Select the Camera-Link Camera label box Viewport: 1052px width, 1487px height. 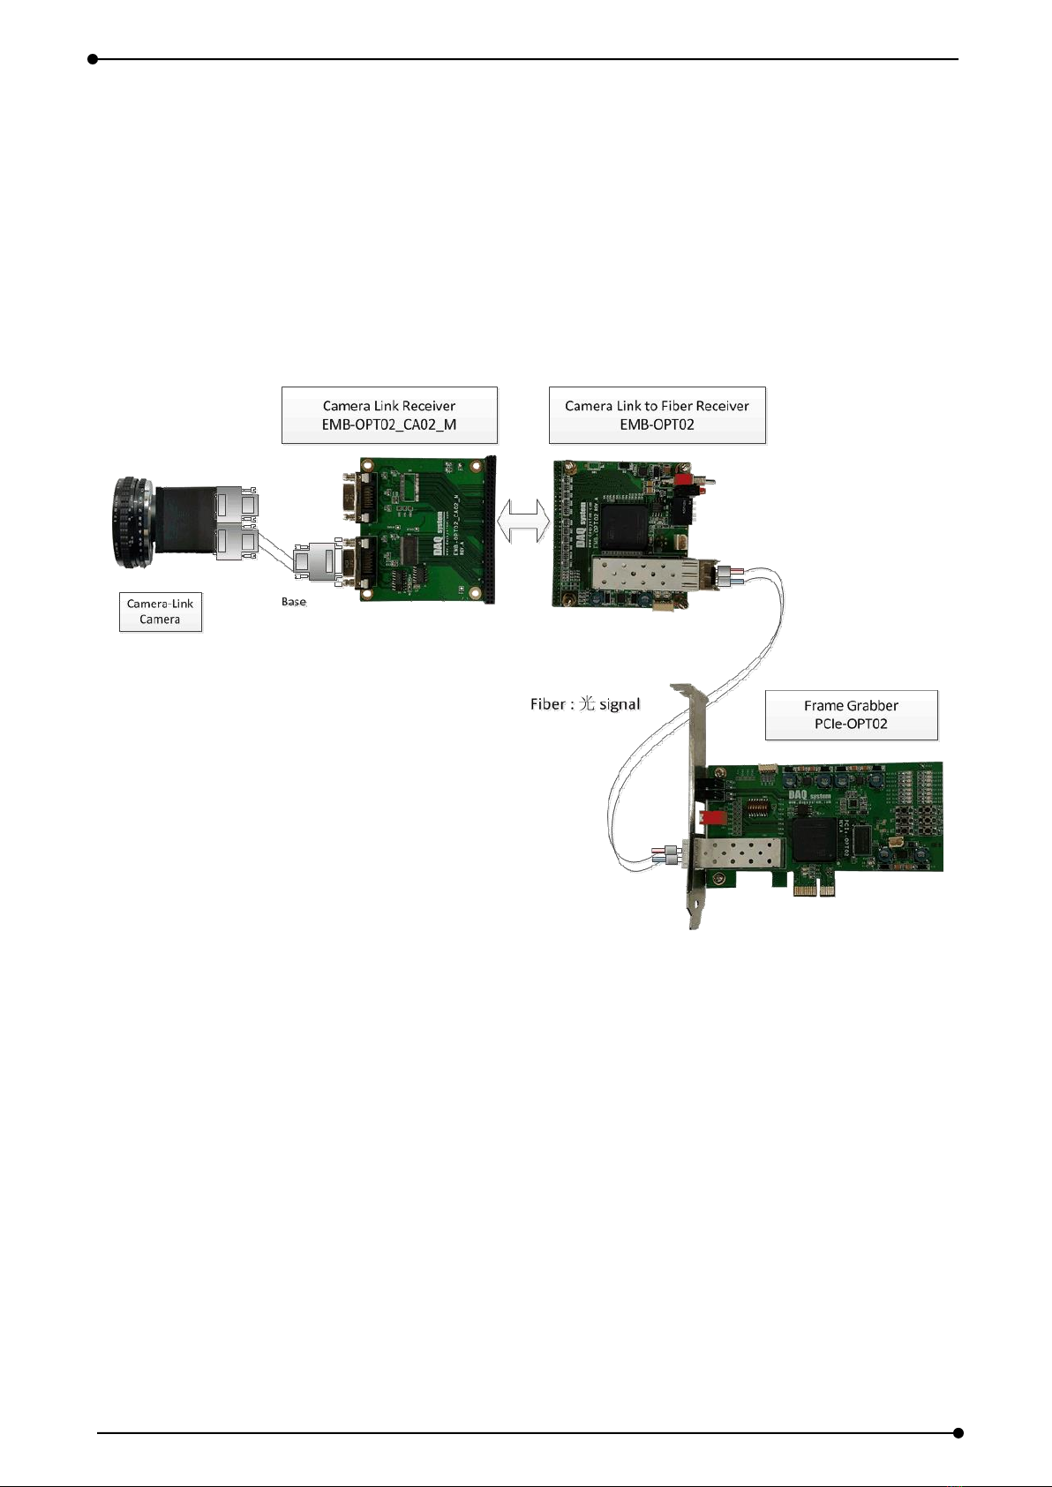[161, 612]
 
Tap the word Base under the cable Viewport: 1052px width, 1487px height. [294, 602]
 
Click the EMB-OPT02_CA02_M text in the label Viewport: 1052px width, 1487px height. [389, 424]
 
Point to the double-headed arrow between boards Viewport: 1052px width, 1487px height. [523, 522]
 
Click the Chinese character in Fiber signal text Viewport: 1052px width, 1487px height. [587, 704]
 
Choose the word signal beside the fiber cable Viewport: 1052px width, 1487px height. [620, 704]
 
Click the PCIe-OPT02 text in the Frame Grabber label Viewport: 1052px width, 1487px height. [851, 724]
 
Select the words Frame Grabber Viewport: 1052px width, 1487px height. [851, 705]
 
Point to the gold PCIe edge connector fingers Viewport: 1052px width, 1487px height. [815, 890]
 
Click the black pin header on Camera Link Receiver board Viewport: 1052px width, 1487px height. [490, 529]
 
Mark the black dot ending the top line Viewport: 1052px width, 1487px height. [93, 59]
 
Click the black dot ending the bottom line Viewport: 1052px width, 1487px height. [958, 1433]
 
